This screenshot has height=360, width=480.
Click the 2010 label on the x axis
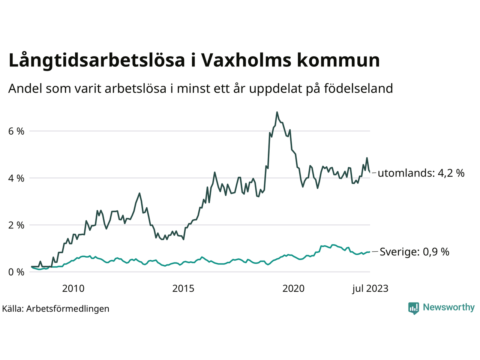73,289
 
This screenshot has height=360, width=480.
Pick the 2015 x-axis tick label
183,289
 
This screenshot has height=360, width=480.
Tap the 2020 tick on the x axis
294,289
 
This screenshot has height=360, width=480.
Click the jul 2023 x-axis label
370,289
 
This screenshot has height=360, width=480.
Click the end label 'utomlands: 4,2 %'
421,173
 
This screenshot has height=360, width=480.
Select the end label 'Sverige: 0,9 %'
414,252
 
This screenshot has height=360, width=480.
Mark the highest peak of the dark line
277,112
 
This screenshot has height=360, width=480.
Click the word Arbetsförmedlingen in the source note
68,309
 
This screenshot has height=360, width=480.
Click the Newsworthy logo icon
414,308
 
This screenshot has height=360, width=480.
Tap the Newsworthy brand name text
448,307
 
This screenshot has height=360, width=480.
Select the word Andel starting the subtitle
25,89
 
